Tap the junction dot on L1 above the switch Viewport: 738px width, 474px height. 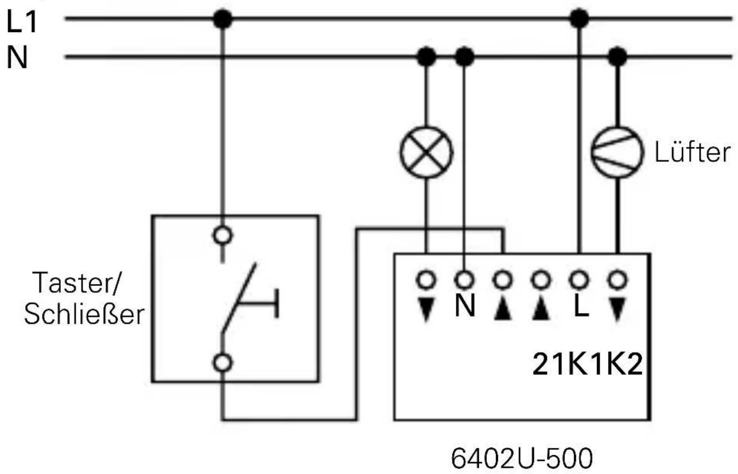(x=222, y=20)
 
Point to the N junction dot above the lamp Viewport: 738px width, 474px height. (x=426, y=56)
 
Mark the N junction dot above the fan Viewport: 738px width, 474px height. (x=617, y=56)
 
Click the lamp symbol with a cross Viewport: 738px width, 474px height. (x=426, y=152)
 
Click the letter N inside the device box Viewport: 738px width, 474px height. (x=464, y=308)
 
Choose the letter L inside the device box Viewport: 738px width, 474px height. (x=580, y=308)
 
